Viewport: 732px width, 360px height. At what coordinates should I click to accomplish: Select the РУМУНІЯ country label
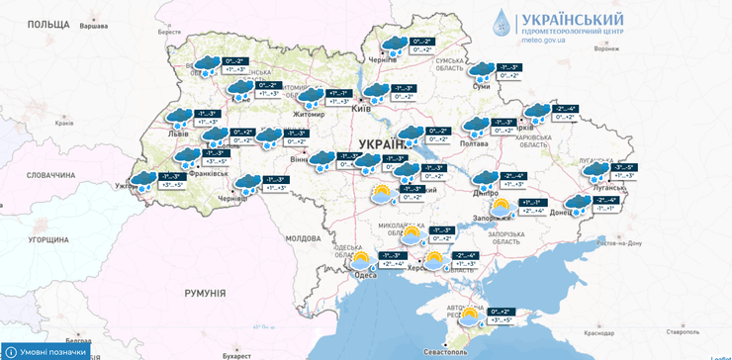point(205,294)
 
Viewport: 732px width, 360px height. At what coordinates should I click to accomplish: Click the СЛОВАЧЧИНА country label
point(50,175)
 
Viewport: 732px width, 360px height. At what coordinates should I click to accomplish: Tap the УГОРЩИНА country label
point(54,239)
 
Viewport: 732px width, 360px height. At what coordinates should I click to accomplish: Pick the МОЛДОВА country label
point(303,238)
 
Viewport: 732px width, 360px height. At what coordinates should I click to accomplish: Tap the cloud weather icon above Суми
point(482,71)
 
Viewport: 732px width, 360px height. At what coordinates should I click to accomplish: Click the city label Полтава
point(474,143)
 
